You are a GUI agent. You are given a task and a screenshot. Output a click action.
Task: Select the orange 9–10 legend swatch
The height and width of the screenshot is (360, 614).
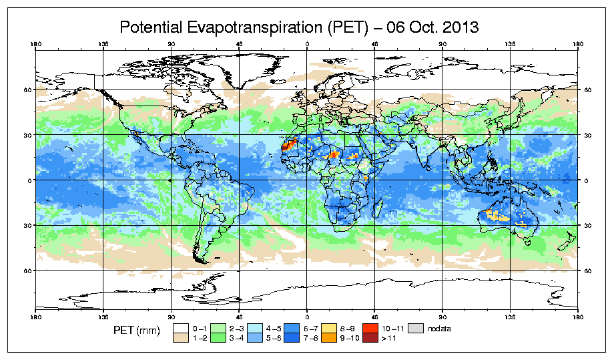[x=328, y=339]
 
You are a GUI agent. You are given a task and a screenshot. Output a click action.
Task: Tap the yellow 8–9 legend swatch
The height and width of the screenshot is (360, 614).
[x=328, y=329]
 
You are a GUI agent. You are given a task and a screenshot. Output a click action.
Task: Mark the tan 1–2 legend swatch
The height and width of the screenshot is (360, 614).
[x=180, y=339]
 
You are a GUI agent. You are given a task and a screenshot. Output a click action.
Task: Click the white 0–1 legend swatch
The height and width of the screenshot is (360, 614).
[x=180, y=329]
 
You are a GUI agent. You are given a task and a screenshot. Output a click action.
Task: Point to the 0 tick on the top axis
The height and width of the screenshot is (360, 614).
[x=307, y=46]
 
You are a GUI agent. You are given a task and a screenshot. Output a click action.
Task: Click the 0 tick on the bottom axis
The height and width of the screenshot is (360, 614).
[x=307, y=315]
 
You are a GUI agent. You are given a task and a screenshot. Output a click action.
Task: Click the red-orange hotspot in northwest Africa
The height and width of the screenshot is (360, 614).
[x=288, y=146]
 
